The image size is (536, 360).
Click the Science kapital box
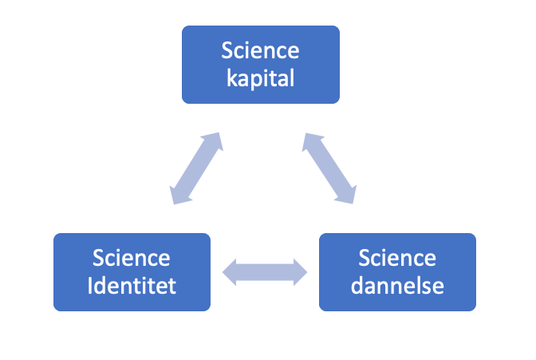261,65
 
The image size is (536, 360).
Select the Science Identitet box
132,271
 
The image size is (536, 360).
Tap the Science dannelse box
397,271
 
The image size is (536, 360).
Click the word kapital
260,78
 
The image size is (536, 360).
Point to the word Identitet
132,285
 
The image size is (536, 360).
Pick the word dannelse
397,285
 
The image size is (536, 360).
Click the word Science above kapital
261,52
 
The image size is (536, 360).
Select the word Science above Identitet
132,259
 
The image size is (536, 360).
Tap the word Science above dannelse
397,259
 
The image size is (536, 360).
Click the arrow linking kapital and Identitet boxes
195,168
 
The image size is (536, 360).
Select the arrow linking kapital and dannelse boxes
329,168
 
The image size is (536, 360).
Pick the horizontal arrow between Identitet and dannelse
265,271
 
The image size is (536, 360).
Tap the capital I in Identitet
92,284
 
